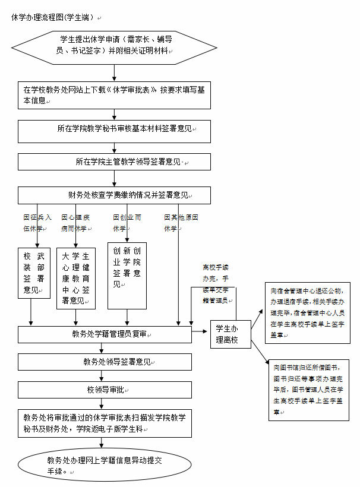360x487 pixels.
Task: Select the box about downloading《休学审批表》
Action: tap(114, 95)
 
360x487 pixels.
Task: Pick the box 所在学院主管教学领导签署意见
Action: tap(114, 162)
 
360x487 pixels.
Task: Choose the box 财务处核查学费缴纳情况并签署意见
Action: tap(114, 195)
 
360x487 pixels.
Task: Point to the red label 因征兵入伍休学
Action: tap(37, 223)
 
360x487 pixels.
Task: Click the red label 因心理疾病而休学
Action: tap(75, 223)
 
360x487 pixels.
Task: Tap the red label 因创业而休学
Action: tap(126, 223)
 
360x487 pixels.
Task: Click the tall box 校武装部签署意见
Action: tap(34, 273)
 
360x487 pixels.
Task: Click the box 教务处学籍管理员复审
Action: tap(105, 334)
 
